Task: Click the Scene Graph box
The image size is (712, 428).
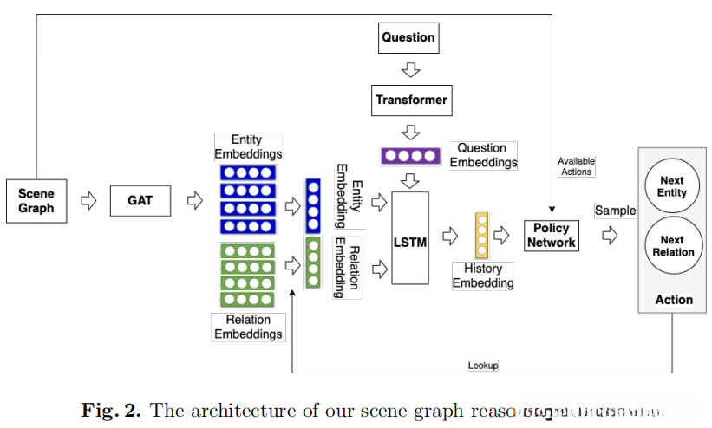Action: (36, 200)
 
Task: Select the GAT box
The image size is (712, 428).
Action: (140, 200)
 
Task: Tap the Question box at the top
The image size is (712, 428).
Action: (408, 37)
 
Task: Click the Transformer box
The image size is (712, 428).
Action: (411, 100)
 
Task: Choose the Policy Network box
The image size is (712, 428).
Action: (551, 235)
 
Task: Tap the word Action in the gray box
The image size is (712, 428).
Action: (674, 300)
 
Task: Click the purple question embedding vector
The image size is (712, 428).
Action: (411, 157)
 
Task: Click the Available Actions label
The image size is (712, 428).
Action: (576, 166)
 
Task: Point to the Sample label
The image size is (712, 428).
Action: (615, 211)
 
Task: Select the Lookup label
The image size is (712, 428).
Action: (483, 366)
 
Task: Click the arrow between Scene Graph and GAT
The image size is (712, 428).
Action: (88, 200)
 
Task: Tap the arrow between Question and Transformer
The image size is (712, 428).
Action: (411, 68)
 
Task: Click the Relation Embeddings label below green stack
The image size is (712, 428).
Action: (248, 327)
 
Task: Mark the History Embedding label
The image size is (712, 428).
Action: (483, 276)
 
